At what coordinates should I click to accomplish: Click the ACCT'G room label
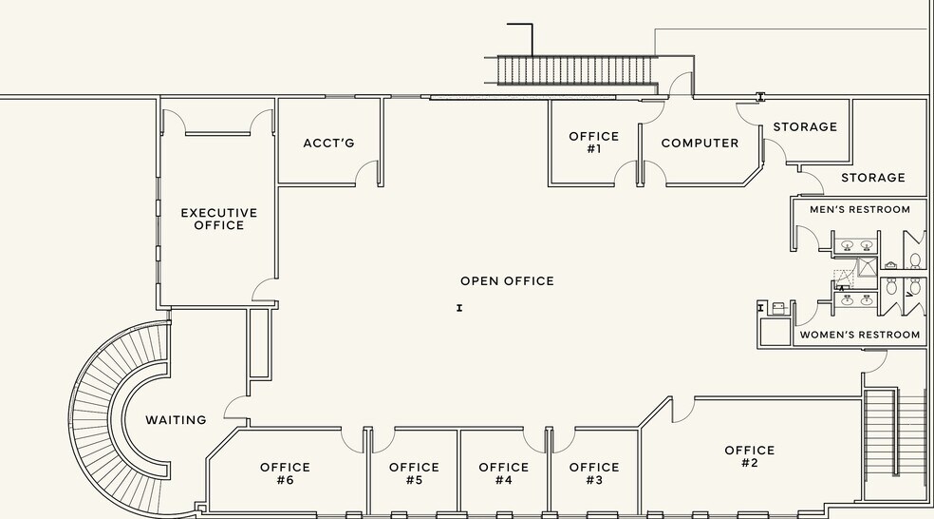(x=328, y=144)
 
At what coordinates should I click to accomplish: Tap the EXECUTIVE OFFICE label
(x=219, y=219)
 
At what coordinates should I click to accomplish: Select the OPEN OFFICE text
(x=508, y=281)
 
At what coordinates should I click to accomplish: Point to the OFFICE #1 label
(x=594, y=143)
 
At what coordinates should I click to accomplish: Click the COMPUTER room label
(x=700, y=144)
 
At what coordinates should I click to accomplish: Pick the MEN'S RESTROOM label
(x=860, y=209)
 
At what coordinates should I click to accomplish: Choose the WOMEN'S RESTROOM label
(x=860, y=335)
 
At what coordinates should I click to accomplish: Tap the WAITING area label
(x=177, y=420)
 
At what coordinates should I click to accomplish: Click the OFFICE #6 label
(x=286, y=473)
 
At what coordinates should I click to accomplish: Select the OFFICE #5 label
(x=414, y=473)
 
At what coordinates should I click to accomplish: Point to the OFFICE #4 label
(x=504, y=473)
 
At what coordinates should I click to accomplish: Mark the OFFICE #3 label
(x=594, y=473)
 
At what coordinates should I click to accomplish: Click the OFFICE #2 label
(x=749, y=456)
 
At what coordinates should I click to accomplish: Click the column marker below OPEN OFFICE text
(x=459, y=308)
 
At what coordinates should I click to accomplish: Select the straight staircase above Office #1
(x=577, y=70)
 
